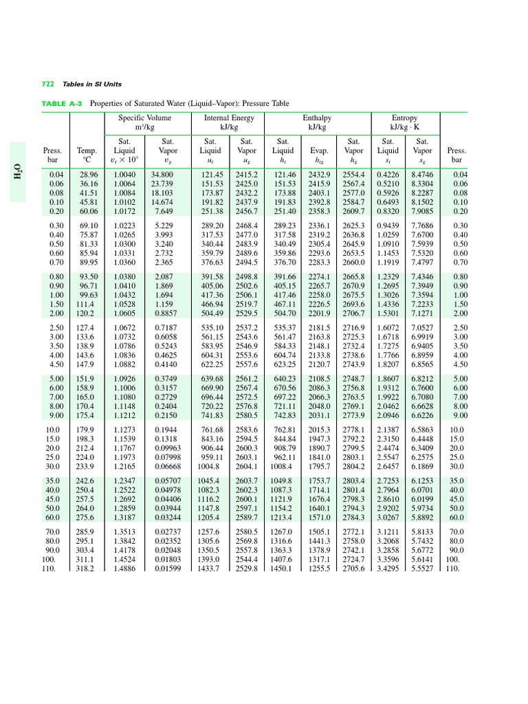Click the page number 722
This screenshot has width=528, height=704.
[48, 84]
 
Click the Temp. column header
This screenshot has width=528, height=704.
[87, 149]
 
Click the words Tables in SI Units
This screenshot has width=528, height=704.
[92, 84]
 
